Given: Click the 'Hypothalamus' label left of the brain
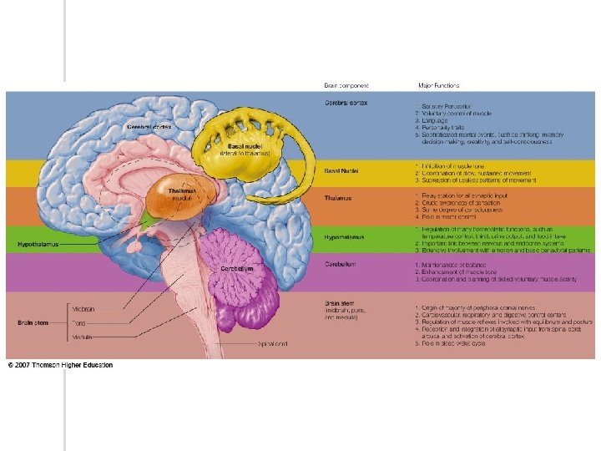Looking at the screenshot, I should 35,245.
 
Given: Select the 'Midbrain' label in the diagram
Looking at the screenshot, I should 83,309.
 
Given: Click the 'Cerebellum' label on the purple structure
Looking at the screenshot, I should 236,269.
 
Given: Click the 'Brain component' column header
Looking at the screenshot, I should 346,85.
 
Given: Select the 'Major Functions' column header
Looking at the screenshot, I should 439,85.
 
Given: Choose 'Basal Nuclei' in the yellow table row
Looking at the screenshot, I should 342,170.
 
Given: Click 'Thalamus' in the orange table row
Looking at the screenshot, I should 339,198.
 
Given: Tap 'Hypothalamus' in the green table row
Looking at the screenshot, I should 345,237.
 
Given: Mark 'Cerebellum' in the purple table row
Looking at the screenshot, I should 341,264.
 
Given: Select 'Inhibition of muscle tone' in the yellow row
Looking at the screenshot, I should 459,166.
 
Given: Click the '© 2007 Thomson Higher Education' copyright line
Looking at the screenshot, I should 60,365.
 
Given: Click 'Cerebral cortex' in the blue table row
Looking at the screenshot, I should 346,103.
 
